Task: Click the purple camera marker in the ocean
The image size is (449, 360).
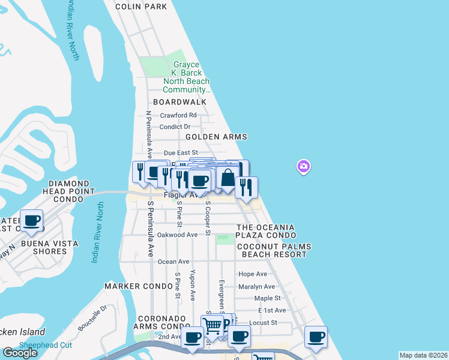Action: (304, 166)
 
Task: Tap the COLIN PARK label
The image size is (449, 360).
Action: (141, 6)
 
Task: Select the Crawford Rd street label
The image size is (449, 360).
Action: (178, 115)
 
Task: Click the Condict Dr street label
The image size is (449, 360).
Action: (175, 127)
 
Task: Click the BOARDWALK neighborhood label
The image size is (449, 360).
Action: (179, 102)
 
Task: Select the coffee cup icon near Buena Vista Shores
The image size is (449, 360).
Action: (31, 220)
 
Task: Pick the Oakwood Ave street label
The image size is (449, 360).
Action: (176, 235)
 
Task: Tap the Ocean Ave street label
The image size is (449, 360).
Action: (173, 262)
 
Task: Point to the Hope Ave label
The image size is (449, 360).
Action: (253, 274)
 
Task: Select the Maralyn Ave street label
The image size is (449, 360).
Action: (256, 286)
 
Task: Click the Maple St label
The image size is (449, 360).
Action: (268, 298)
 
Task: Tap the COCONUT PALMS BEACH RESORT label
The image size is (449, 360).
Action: (271, 250)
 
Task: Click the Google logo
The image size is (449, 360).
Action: (20, 352)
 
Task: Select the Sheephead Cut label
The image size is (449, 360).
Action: (46, 345)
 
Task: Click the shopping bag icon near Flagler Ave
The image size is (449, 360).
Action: (228, 178)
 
